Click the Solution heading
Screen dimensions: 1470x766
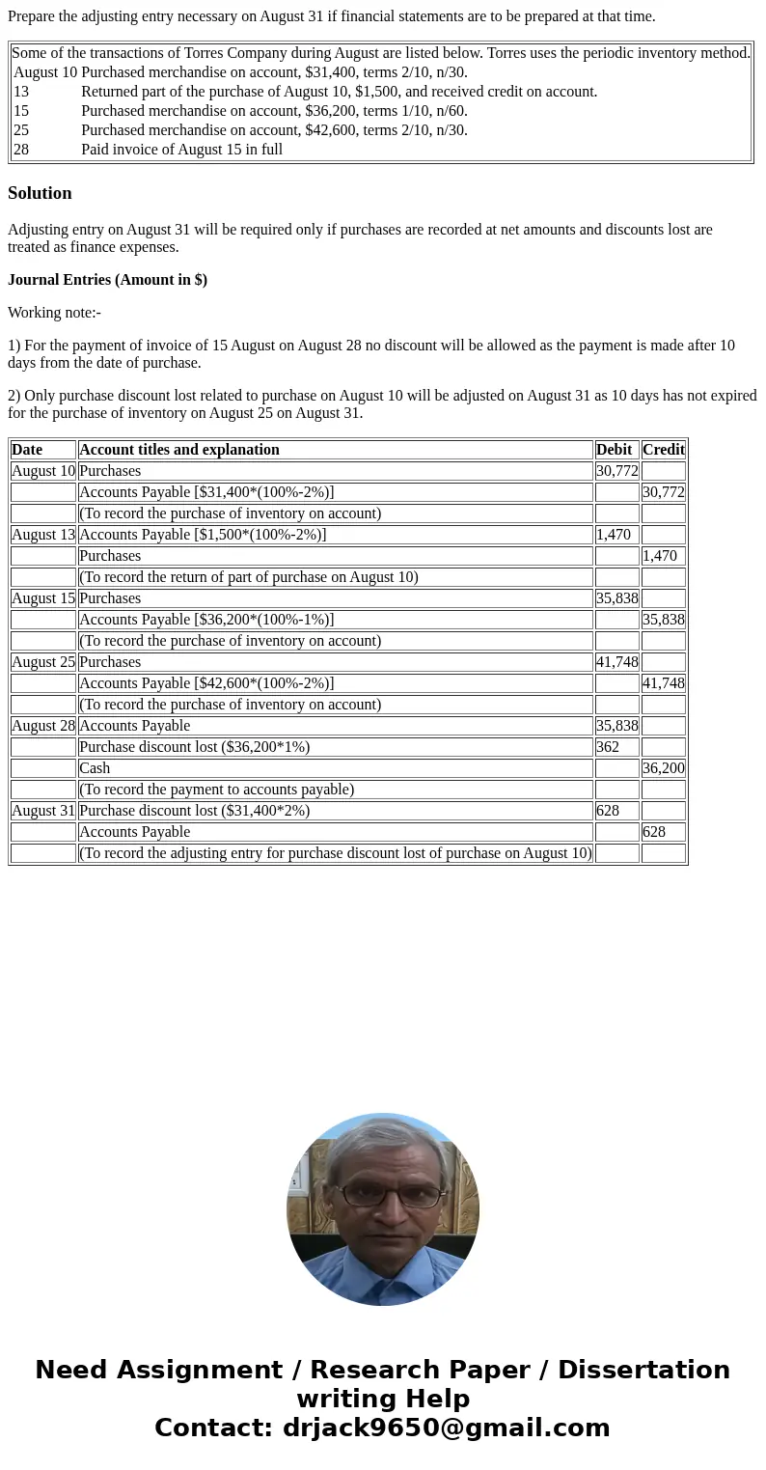[x=40, y=193]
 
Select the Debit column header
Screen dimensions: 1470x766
[x=615, y=450]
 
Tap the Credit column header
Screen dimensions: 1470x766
[x=664, y=450]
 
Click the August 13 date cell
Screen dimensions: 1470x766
[x=43, y=535]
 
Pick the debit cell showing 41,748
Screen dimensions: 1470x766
[x=616, y=662]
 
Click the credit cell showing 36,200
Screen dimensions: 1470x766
[x=664, y=768]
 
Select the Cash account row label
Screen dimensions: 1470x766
[x=95, y=768]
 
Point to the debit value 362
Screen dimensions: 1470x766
[x=608, y=747]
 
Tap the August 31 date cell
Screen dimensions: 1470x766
[x=43, y=811]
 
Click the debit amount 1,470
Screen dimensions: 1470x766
[x=614, y=535]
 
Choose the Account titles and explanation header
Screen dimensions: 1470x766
[x=179, y=450]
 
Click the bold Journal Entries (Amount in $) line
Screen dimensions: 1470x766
[x=107, y=280]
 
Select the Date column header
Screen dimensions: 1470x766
[x=27, y=450]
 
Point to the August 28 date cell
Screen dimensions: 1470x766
[x=43, y=726]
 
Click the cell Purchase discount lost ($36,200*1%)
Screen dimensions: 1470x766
[x=194, y=747]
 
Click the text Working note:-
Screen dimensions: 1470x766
[x=54, y=313]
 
